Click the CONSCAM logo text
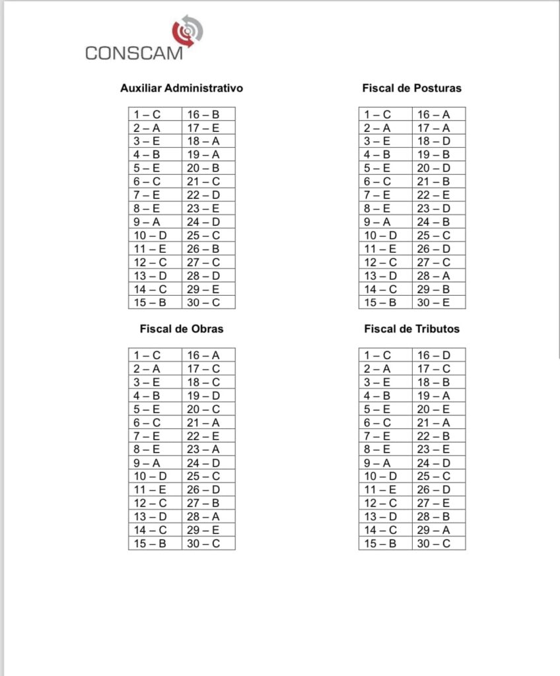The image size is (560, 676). pos(133,53)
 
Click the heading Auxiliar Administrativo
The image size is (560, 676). pos(182,88)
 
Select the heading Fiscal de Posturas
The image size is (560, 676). pos(412,88)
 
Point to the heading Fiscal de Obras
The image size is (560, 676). pos(182,329)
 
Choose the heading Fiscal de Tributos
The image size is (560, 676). pos(412,329)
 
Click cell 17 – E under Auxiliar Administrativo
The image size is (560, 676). pos(208,128)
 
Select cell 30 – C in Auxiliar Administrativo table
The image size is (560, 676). pos(208,302)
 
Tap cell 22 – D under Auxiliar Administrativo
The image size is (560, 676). pos(208,195)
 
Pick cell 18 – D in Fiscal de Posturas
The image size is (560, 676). pos(438,141)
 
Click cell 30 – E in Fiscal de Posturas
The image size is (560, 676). pos(438,302)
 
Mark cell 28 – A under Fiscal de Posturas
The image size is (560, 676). pos(438,275)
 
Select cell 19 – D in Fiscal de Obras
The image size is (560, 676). pos(208,395)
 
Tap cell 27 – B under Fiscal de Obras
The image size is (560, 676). pos(208,503)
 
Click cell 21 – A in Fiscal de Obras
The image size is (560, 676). pos(208,422)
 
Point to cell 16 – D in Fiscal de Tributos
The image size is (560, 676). pos(438,355)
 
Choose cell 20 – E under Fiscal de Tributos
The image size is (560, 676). pos(438,409)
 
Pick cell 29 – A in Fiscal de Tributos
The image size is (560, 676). pos(438,530)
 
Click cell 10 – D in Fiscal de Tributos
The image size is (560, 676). pos(386,476)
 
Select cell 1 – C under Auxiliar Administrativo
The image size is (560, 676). pos(155,114)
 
